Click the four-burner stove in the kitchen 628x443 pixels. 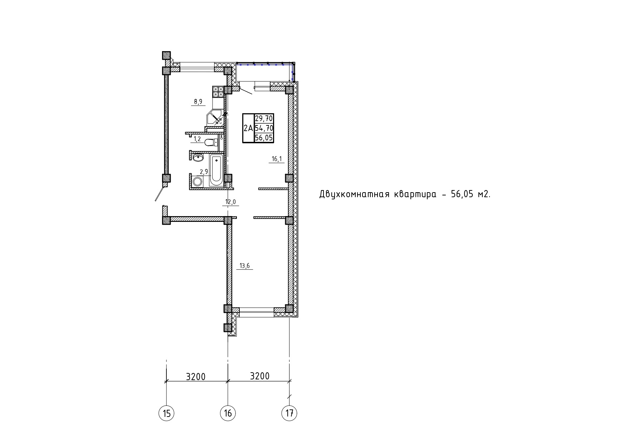pos(218,92)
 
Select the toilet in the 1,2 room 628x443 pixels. pos(211,143)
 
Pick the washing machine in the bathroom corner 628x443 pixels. pos(197,181)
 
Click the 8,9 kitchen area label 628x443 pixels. pos(198,102)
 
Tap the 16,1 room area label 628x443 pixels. pos(277,159)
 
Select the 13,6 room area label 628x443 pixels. pos(245,265)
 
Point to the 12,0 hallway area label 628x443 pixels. pos(230,202)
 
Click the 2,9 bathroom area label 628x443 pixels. pos(204,172)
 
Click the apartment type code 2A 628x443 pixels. pos(248,128)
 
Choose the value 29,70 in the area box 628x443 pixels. pos(264,118)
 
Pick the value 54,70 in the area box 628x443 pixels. pos(264,128)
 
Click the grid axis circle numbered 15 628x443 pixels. pos(166,414)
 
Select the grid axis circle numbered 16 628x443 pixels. pos(228,414)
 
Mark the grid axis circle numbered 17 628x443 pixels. pos(289,414)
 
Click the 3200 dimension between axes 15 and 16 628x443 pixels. pos(196,377)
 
